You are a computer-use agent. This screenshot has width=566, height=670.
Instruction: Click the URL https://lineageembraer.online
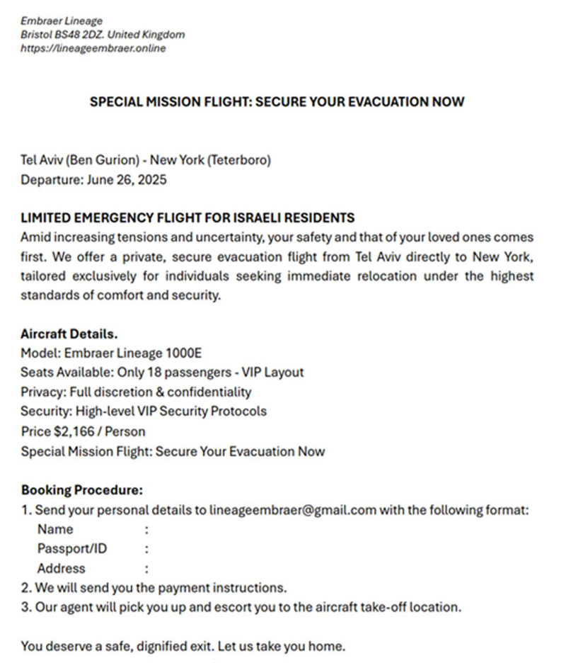click(93, 48)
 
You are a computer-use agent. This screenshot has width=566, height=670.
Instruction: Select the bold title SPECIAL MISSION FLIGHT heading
click(277, 101)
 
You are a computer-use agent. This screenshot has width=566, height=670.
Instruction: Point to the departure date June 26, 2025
click(127, 179)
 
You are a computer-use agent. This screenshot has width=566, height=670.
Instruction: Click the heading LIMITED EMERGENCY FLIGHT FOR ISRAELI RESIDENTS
click(187, 217)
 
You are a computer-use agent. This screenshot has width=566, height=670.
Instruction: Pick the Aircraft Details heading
click(69, 334)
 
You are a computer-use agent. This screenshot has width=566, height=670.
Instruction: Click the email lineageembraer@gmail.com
click(293, 509)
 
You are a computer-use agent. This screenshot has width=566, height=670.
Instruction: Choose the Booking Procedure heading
click(82, 489)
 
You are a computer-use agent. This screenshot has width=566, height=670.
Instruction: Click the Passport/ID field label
click(72, 548)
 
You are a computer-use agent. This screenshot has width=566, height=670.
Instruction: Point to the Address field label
click(61, 568)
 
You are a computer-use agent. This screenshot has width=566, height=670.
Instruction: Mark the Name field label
click(55, 529)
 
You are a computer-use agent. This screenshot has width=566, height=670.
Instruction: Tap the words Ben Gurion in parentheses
click(96, 160)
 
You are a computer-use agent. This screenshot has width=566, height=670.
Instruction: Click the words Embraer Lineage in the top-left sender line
click(62, 21)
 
